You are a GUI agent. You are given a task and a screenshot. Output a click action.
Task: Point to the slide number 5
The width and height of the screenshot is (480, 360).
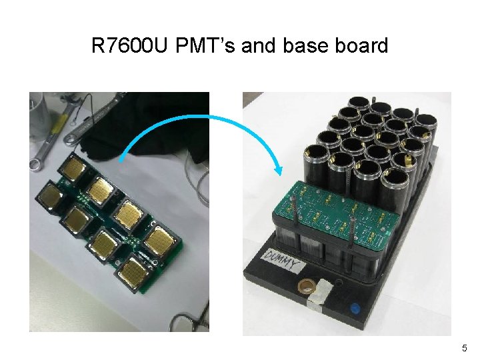(x=465, y=348)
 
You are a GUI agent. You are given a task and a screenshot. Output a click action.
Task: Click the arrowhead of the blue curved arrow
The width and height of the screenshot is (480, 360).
(x=277, y=169)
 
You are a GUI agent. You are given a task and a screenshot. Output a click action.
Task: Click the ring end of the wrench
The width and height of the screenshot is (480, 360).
(x=36, y=163)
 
